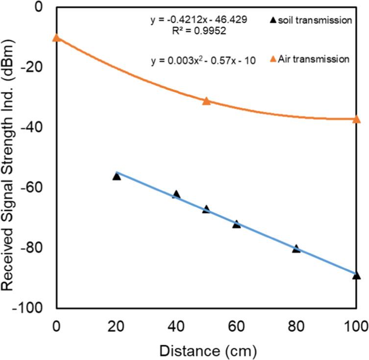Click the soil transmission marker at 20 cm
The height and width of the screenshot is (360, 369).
point(117,176)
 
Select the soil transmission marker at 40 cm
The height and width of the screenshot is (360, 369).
point(176,194)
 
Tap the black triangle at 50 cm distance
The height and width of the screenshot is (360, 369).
point(206,209)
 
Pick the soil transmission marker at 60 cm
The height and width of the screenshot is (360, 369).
point(236,224)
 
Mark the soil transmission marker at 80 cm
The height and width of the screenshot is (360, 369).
point(296,248)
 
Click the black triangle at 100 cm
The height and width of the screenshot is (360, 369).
point(356,275)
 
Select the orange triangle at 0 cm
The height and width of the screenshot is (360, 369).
point(57,37)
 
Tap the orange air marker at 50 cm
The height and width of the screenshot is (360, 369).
point(206,101)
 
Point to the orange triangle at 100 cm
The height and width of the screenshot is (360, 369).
point(356,119)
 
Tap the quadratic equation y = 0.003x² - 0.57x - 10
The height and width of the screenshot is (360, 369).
point(203,62)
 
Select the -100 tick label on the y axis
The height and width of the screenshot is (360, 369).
point(35,308)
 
